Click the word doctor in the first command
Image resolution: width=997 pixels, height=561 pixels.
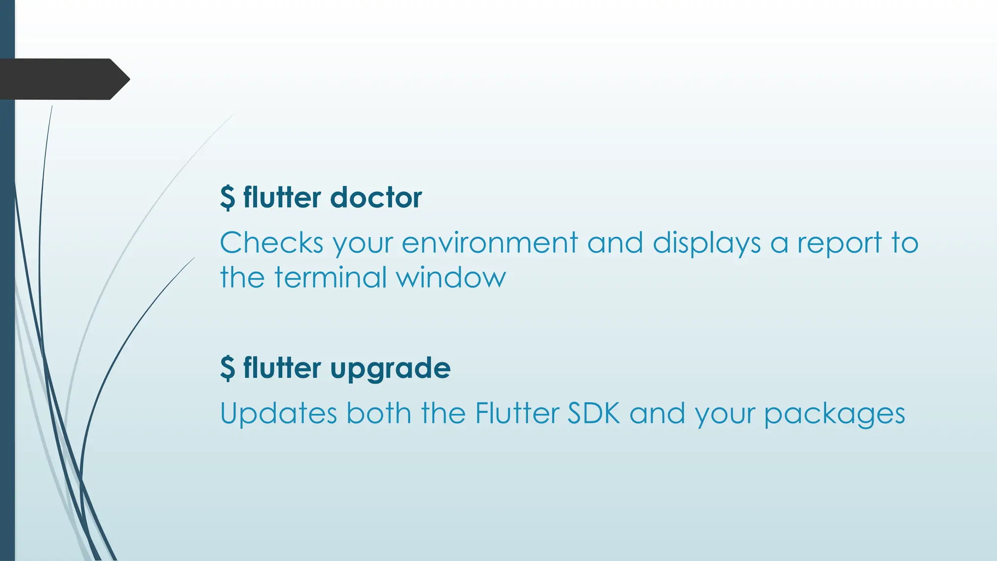(376, 198)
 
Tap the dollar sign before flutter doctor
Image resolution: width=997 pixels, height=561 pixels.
(227, 198)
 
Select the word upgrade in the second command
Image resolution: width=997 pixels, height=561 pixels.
(390, 368)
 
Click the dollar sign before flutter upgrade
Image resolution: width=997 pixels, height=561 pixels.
(227, 368)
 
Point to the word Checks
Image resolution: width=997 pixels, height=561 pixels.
(271, 243)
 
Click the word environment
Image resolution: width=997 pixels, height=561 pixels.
(489, 243)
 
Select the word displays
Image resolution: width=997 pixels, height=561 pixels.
(706, 243)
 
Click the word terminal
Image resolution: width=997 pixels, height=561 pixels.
(330, 278)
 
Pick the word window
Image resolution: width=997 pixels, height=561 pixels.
(451, 278)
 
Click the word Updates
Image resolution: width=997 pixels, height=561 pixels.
(278, 413)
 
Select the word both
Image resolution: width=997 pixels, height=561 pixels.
(379, 413)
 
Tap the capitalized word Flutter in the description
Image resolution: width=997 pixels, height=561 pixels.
(517, 413)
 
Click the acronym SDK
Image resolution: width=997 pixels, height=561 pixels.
(594, 413)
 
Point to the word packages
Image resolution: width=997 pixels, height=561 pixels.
(834, 413)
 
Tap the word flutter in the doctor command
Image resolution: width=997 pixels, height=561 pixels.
(282, 198)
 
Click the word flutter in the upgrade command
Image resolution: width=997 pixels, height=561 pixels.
(282, 368)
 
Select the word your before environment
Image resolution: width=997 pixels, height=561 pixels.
(363, 243)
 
